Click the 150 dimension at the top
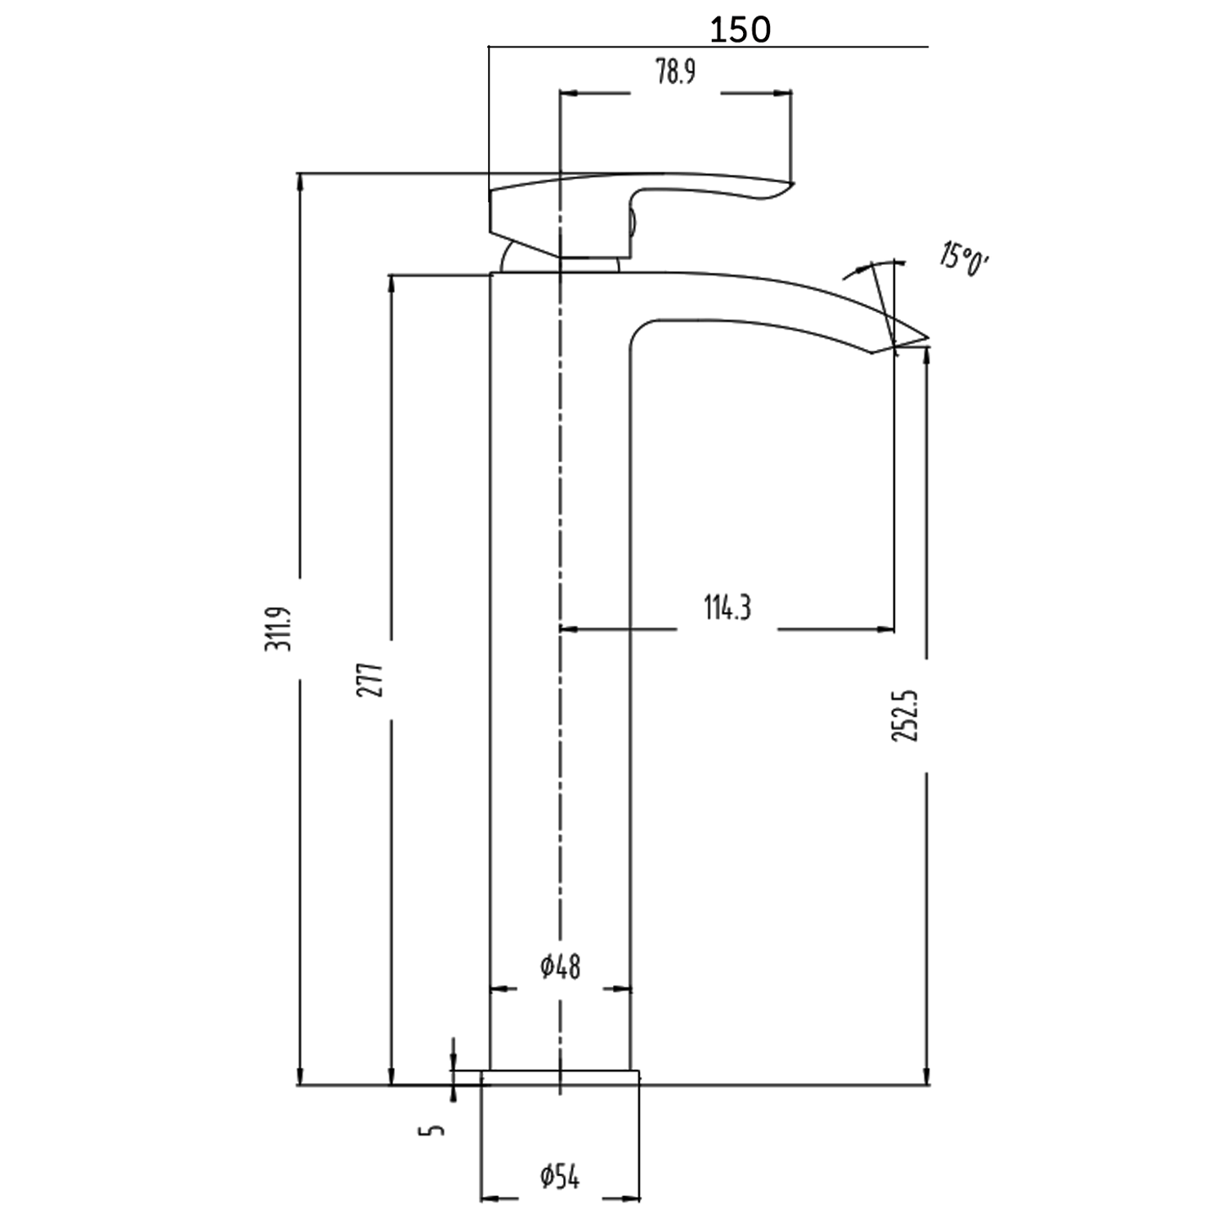tap(740, 30)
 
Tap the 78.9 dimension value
tap(675, 73)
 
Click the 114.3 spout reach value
tap(727, 608)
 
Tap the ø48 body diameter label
tap(561, 967)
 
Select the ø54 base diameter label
tap(561, 1178)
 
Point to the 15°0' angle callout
tap(964, 258)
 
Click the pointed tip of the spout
tap(928, 337)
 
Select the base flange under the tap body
tap(560, 1077)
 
